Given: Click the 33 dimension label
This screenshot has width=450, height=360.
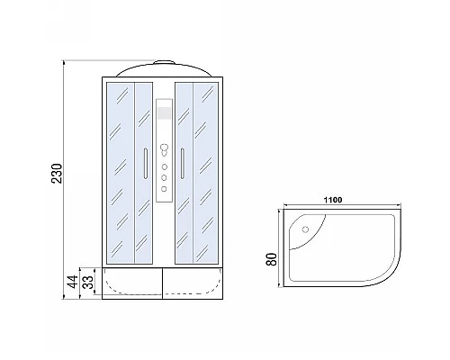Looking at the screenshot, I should click(88, 286).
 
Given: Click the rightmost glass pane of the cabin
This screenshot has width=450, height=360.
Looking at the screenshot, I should click(206, 171).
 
